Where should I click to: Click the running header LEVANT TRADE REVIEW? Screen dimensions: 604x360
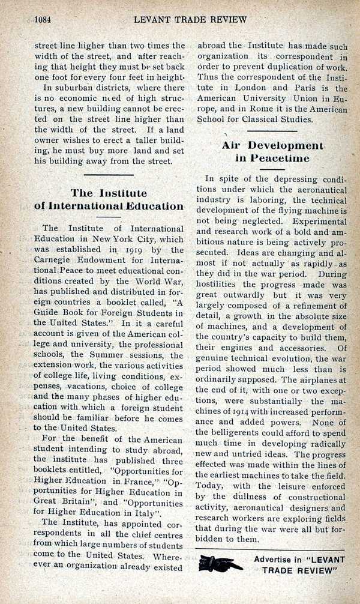point(190,19)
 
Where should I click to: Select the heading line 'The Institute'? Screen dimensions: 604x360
point(109,193)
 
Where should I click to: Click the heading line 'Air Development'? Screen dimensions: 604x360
point(272,145)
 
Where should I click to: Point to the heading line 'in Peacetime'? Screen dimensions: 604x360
point(272,159)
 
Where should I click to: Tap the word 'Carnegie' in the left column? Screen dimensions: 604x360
point(59,261)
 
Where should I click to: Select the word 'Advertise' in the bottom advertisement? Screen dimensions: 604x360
point(277,558)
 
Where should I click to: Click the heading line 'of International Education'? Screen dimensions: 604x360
point(109,206)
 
